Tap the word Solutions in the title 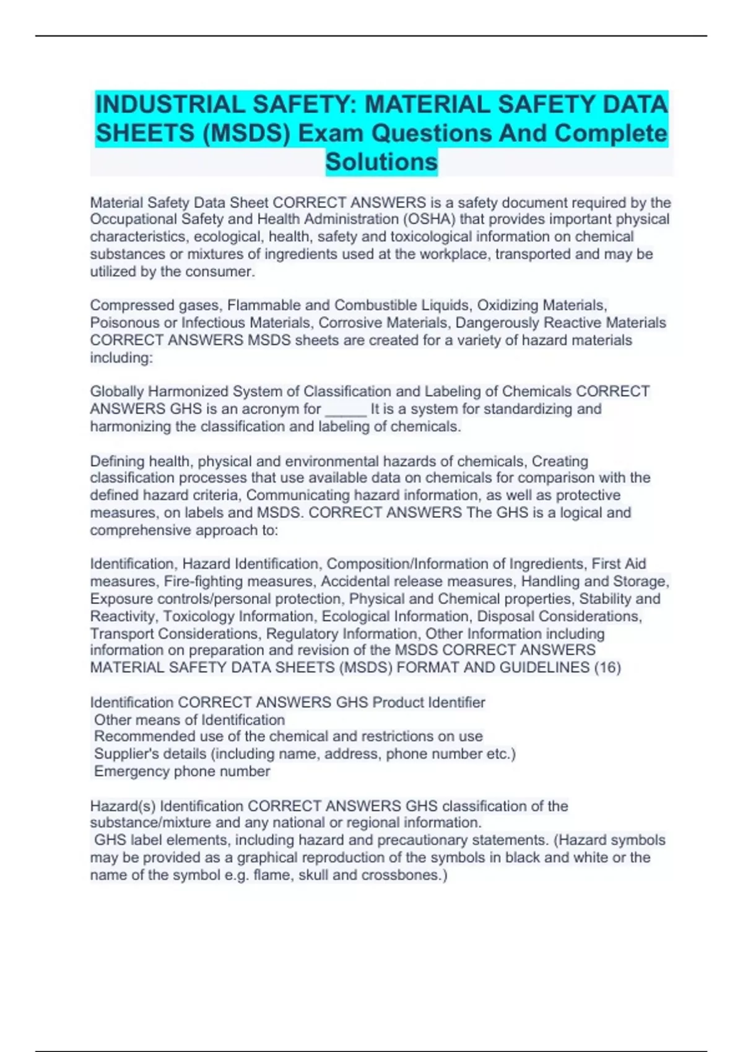click(381, 162)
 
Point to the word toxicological click(427, 236)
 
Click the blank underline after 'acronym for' click(345, 409)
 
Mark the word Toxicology click(199, 616)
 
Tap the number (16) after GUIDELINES click(607, 668)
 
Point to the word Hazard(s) click(123, 806)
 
